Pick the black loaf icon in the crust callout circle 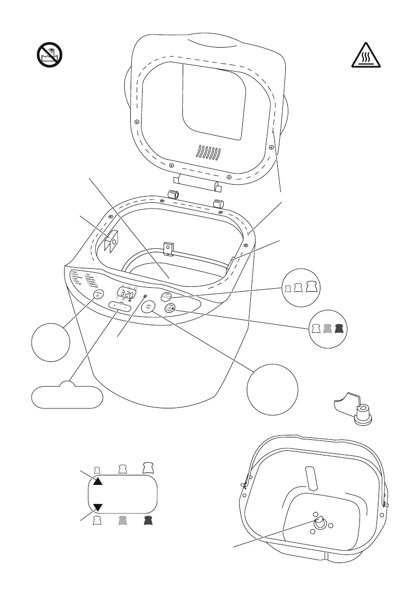(339, 329)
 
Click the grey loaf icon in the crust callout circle (327, 329)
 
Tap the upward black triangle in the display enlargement (98, 481)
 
